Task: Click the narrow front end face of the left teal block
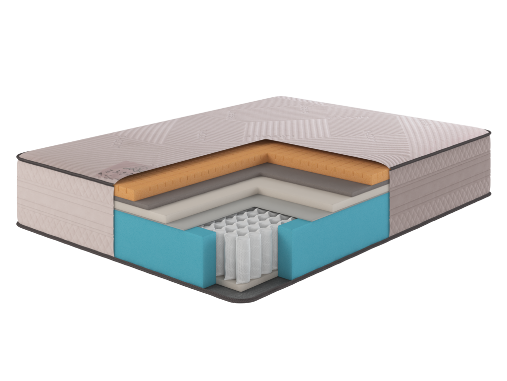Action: click(210, 263)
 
